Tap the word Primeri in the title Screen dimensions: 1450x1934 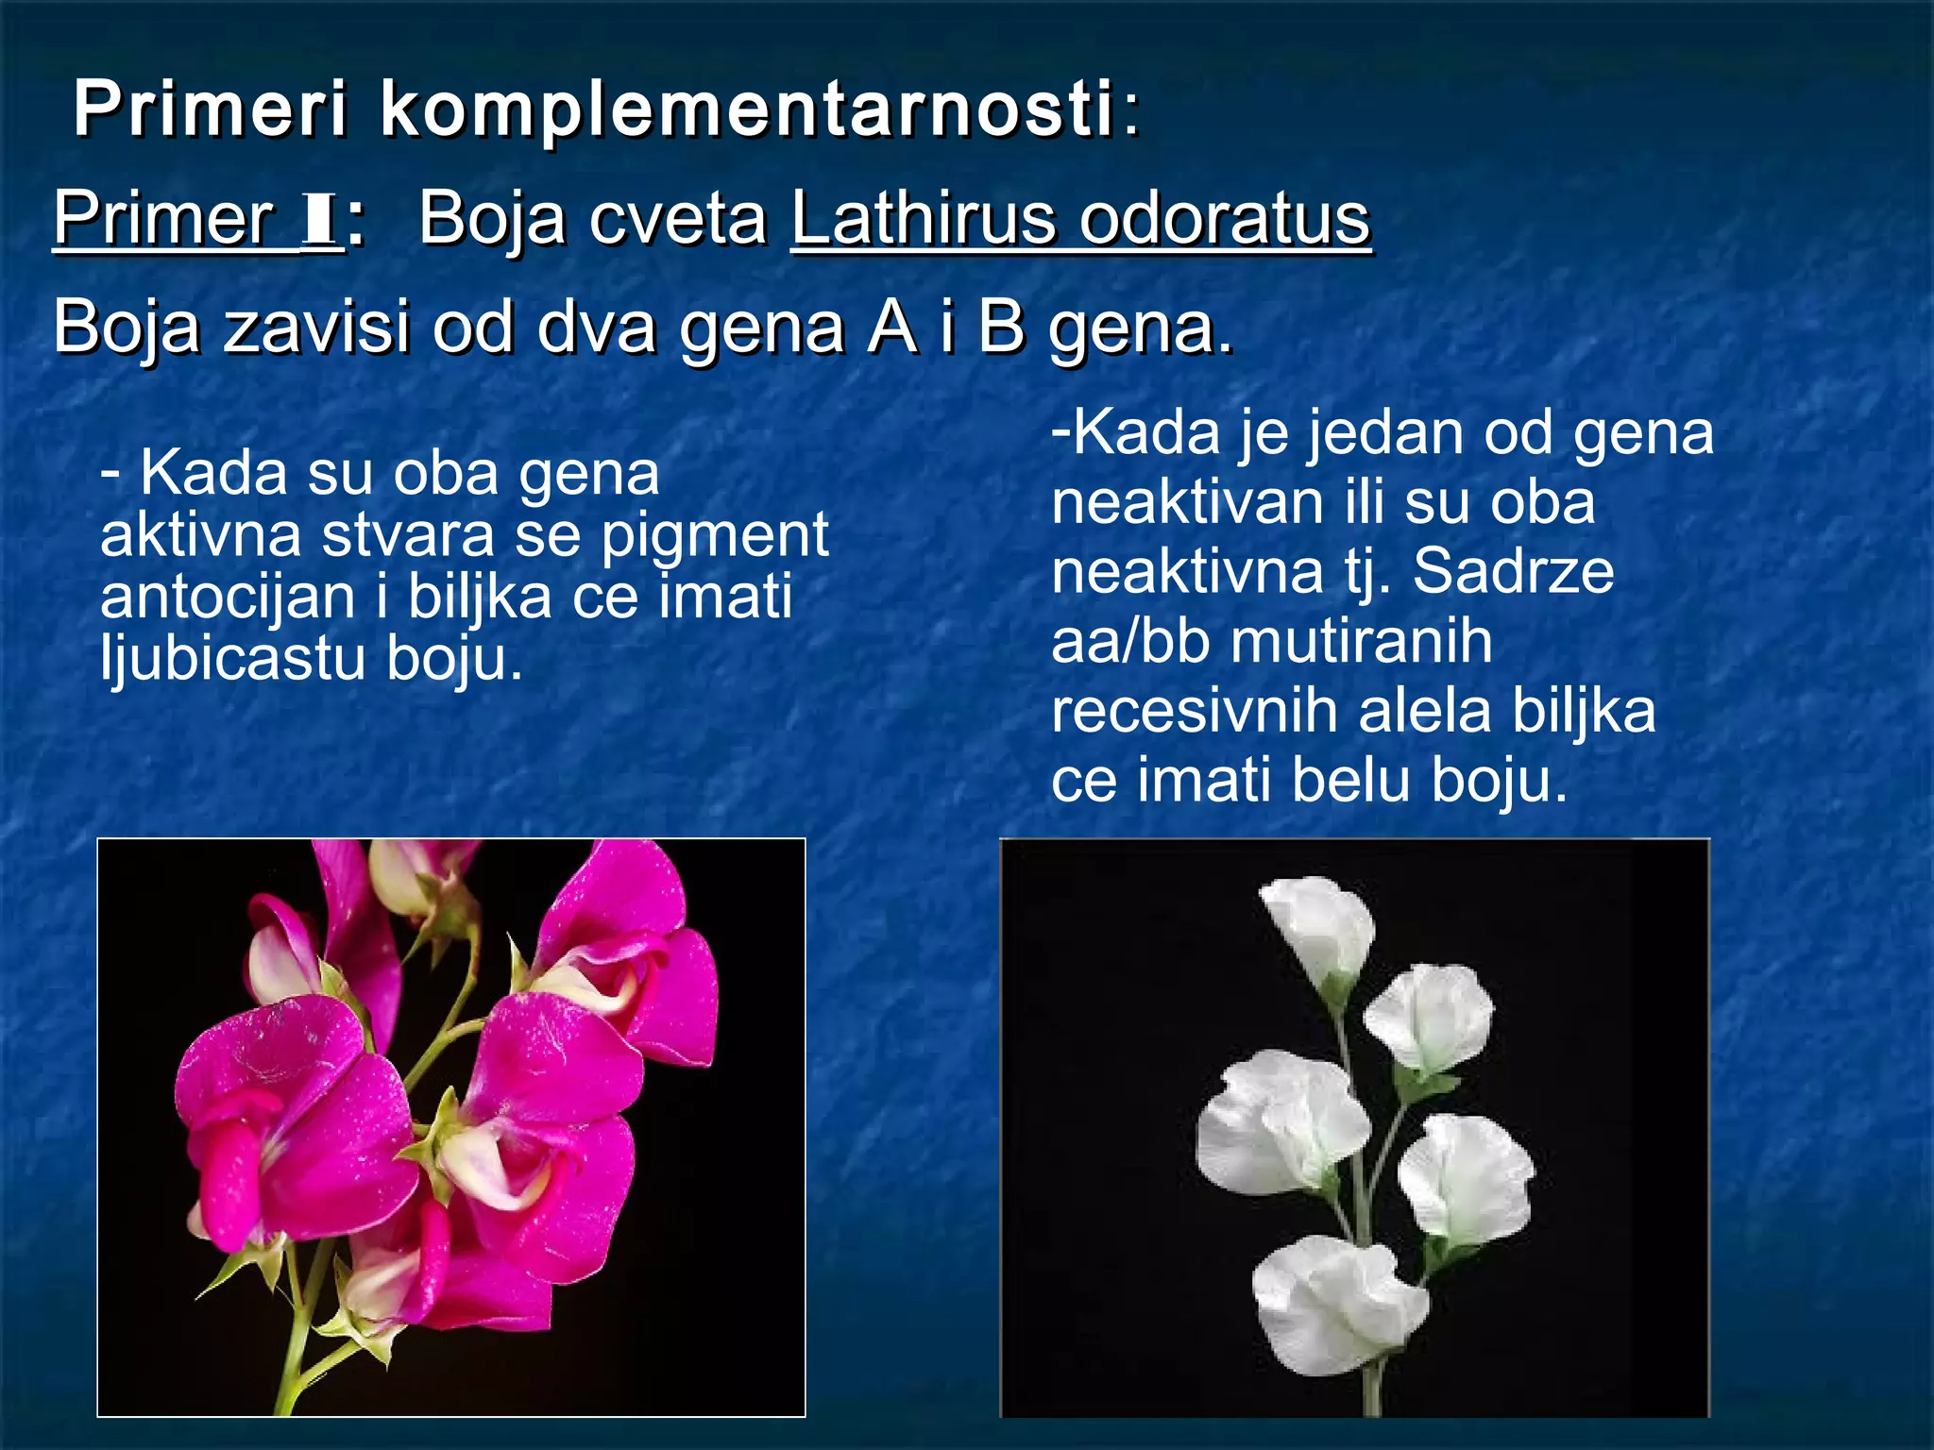click(x=211, y=110)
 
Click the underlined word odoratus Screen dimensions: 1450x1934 click(x=1224, y=219)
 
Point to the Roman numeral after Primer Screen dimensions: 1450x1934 click(x=318, y=219)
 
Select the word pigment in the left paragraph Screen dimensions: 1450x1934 click(x=715, y=535)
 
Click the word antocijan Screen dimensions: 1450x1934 click(x=228, y=598)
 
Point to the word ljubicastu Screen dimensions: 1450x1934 click(x=232, y=658)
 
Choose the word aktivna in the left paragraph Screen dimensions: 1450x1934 click(x=201, y=535)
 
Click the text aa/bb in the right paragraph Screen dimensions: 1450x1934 click(x=1130, y=642)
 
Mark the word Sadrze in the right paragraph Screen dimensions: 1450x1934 click(x=1513, y=572)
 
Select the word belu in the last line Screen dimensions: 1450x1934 click(x=1351, y=781)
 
